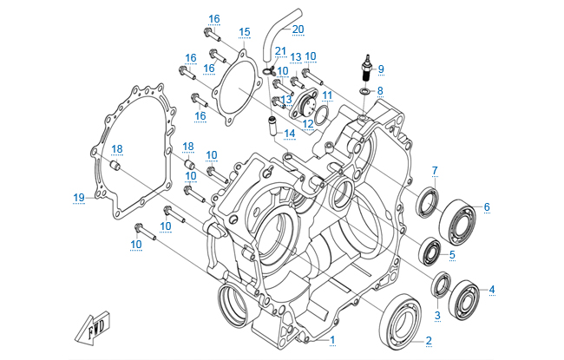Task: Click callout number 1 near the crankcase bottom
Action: (x=331, y=337)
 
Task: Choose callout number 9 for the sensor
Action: (x=380, y=69)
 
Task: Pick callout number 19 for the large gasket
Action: (x=78, y=197)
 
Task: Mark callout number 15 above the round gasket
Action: (x=244, y=32)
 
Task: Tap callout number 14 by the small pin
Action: (x=289, y=133)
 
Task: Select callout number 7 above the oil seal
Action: (x=436, y=169)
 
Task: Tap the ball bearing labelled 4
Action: (x=465, y=296)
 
